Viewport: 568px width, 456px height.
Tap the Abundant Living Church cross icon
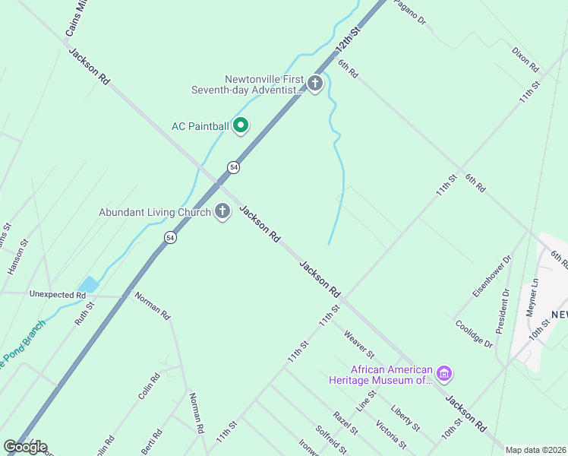222,211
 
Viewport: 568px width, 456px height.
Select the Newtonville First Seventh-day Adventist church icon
315,84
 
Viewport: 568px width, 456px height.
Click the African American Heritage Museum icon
445,373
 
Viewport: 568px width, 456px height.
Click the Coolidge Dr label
474,333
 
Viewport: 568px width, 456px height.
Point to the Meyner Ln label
532,297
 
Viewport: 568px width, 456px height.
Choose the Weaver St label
358,344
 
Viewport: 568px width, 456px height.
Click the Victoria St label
391,433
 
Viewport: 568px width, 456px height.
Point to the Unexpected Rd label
58,294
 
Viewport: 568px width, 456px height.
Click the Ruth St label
84,314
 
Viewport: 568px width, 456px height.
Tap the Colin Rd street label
149,386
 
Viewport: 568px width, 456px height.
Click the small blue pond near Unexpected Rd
89,285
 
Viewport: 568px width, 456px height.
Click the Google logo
26,446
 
